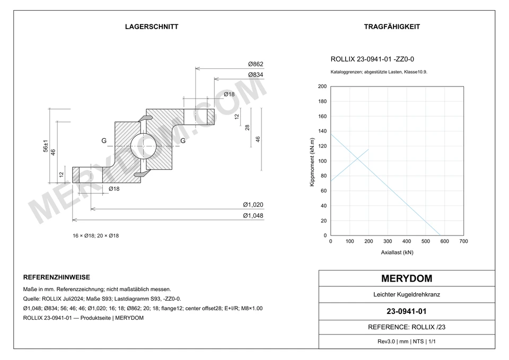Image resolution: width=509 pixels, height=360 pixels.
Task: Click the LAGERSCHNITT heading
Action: coord(152,27)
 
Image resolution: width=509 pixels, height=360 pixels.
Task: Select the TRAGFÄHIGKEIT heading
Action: coord(392,27)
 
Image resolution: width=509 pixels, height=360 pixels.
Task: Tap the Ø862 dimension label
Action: coord(256,64)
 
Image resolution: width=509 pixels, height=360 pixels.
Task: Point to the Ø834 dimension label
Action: coord(256,75)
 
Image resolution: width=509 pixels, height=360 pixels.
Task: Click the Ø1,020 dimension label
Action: coord(253,205)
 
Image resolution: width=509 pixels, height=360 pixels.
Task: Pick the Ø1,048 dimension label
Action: coord(253,216)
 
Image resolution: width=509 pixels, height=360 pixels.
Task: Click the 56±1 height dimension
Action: coord(46,146)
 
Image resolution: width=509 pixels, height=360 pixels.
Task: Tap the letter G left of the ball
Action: coord(104,141)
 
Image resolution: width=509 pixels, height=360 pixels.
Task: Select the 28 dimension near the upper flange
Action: coord(248,128)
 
